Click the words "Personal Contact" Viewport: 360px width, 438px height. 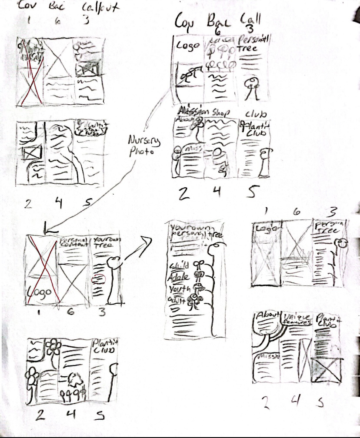(x=73, y=242)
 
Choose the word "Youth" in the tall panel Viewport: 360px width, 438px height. (x=179, y=288)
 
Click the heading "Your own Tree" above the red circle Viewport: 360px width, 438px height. (x=107, y=242)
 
